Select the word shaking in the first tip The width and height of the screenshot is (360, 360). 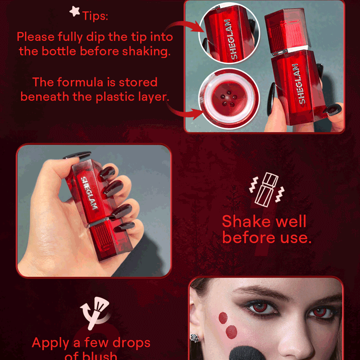click(x=148, y=51)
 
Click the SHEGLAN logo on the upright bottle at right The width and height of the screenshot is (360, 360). click(x=295, y=82)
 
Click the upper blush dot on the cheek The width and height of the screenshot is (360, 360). click(x=223, y=317)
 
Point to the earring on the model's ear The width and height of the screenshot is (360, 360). click(x=195, y=339)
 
